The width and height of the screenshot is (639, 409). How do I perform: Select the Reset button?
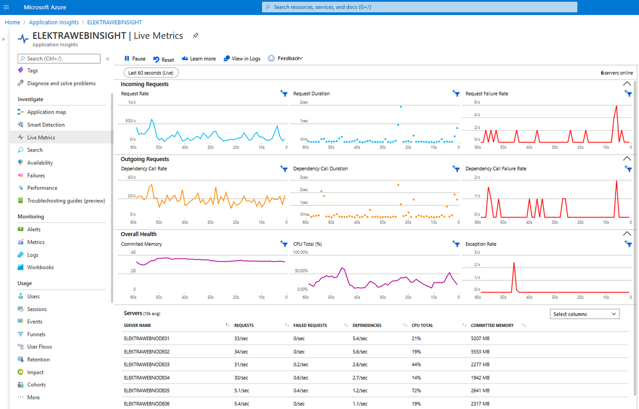point(163,60)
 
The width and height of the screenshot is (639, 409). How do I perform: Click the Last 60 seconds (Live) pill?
point(151,73)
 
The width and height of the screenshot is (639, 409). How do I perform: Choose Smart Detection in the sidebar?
point(45,125)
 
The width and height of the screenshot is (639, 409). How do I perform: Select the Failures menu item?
point(36,175)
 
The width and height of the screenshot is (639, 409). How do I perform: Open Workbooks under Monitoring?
point(40,267)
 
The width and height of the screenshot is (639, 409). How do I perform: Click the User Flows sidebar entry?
point(39,347)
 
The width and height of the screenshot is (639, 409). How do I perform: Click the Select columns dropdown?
point(584,314)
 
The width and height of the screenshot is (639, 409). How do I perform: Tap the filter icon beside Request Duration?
point(456,93)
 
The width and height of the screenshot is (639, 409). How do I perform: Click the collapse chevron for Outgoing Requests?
point(627,159)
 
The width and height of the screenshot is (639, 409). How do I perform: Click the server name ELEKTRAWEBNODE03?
point(146,365)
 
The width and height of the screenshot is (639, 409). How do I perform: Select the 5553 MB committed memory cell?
point(480,351)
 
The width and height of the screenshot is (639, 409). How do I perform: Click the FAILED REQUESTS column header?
point(310,325)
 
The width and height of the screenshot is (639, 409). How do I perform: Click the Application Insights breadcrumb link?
point(53,22)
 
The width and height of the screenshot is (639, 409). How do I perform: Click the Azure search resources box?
point(420,7)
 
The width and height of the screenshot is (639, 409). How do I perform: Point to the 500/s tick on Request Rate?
point(130,121)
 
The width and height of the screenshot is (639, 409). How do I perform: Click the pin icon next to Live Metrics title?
point(195,36)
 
